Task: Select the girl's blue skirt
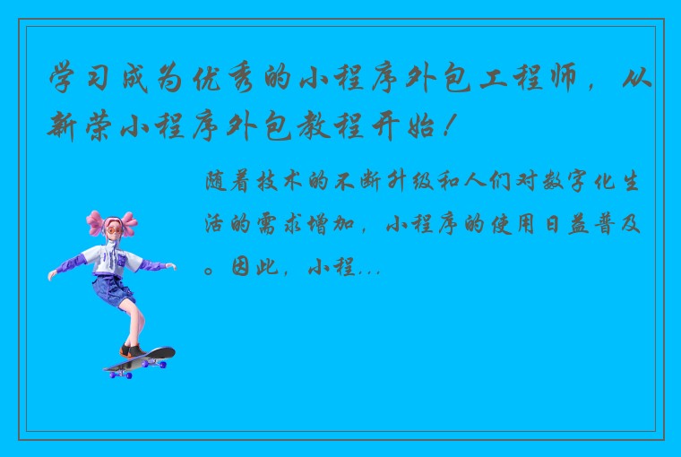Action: point(113,289)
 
